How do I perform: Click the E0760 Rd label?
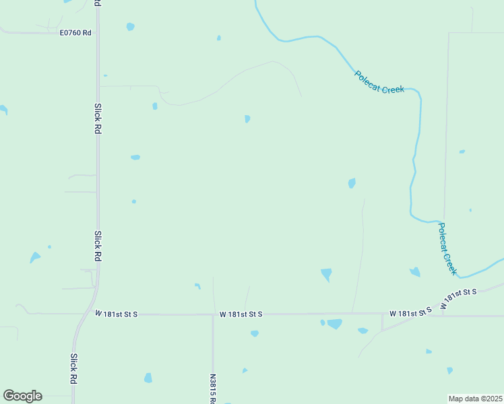point(75,32)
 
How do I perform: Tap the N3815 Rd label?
point(213,389)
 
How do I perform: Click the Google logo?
point(22,396)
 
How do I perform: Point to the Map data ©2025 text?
point(475,398)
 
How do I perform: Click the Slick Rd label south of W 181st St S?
point(73,368)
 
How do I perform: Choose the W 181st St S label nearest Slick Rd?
point(116,314)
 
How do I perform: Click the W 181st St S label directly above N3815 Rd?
point(241,314)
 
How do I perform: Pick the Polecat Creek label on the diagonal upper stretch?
point(379,82)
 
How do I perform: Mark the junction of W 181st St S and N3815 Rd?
point(213,314)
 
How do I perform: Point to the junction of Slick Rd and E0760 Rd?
point(98,32)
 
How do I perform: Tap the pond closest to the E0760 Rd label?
point(130,27)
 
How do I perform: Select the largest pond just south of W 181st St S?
point(334,324)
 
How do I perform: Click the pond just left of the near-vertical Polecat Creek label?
point(414,272)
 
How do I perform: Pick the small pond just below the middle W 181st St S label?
point(254,333)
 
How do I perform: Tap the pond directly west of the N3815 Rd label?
point(148,378)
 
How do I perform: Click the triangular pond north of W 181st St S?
point(327,274)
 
